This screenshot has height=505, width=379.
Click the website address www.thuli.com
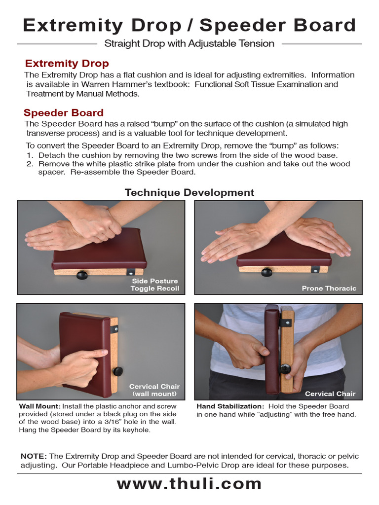(189, 484)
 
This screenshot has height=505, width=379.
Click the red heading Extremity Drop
(67, 64)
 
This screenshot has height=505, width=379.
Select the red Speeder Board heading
(64, 112)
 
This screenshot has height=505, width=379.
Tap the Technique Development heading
(189, 192)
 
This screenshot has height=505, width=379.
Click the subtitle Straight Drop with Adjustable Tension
(189, 43)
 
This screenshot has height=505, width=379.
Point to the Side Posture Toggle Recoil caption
(154, 285)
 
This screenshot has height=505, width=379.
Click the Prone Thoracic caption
(329, 288)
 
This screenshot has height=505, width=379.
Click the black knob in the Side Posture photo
(82, 275)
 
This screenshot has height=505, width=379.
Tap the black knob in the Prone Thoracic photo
(266, 272)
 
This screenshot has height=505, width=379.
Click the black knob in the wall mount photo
(117, 371)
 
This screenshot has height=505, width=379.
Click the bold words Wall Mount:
(39, 406)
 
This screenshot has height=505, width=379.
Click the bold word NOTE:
(34, 456)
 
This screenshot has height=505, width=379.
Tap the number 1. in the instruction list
(29, 155)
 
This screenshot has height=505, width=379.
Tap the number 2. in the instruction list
(29, 164)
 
